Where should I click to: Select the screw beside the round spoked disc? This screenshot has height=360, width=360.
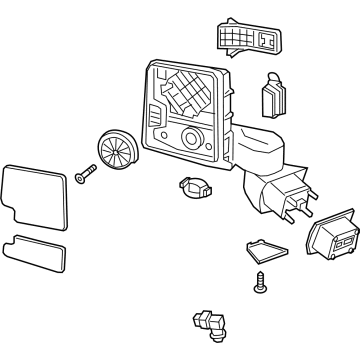pyautogui.click(x=81, y=179)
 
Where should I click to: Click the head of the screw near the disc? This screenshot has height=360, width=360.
pyautogui.click(x=77, y=178)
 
